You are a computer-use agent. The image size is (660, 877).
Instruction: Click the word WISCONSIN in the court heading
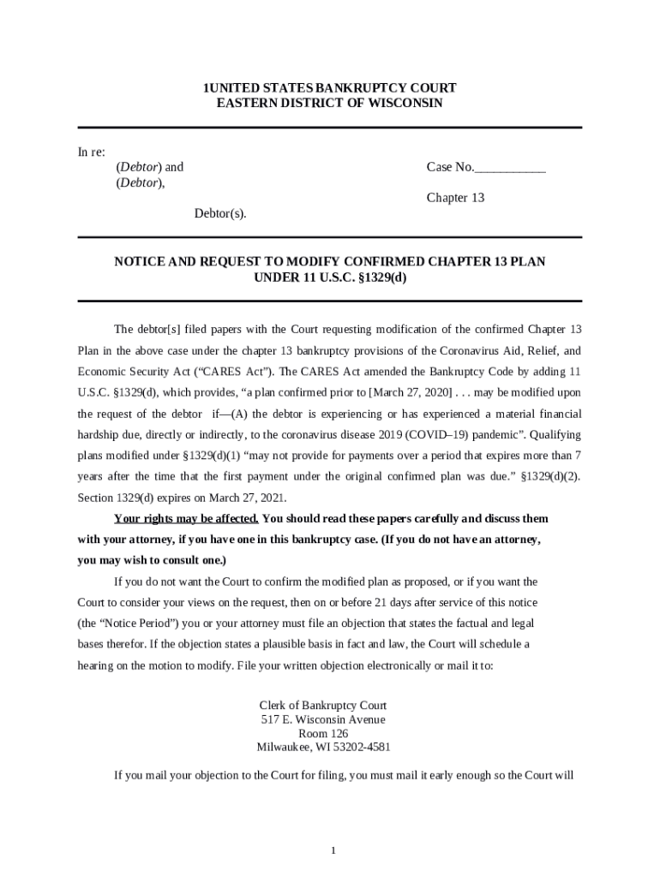pyautogui.click(x=404, y=103)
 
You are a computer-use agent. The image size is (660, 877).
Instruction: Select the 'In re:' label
pyautogui.click(x=92, y=152)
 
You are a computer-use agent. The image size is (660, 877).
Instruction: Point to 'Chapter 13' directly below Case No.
pyautogui.click(x=455, y=198)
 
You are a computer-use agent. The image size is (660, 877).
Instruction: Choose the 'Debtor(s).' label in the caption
pyautogui.click(x=219, y=213)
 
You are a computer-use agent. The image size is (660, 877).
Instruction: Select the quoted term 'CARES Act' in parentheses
pyautogui.click(x=200, y=372)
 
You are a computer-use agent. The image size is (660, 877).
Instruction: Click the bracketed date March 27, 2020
pyautogui.click(x=408, y=391)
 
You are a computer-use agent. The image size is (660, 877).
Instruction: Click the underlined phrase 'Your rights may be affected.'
pyautogui.click(x=186, y=519)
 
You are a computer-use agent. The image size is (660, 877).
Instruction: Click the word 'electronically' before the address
pyautogui.click(x=371, y=665)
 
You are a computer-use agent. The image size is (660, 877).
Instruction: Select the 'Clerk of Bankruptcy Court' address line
pyautogui.click(x=323, y=705)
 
